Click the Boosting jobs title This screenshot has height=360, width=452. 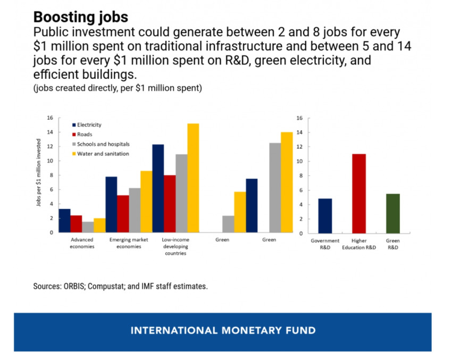[x=81, y=16]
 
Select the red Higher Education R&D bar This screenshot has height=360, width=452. [x=359, y=194]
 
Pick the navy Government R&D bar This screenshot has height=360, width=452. [x=325, y=216]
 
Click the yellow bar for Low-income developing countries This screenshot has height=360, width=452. [x=193, y=178]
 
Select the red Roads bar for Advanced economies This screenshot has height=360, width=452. [x=76, y=224]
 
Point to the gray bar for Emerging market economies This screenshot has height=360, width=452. [x=135, y=211]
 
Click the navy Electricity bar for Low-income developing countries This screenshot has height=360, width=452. [x=158, y=188]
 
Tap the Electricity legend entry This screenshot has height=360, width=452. [x=89, y=125]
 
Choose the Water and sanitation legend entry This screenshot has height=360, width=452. [x=103, y=154]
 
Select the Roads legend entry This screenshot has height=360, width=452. [x=85, y=135]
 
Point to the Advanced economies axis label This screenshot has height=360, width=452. [x=82, y=243]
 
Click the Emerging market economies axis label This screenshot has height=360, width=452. [x=129, y=243]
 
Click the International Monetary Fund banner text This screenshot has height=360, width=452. [x=223, y=330]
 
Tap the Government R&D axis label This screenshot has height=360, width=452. [x=325, y=244]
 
